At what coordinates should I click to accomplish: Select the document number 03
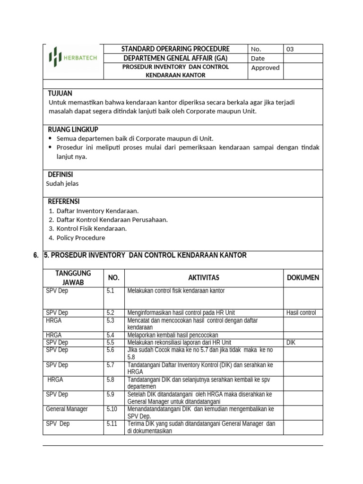click(290, 49)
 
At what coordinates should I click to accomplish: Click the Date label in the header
click(258, 59)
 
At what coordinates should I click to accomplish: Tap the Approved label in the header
click(265, 68)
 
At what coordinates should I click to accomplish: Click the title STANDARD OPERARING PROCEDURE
click(175, 49)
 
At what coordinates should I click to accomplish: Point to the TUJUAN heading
click(60, 94)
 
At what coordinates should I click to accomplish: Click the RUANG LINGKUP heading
click(73, 130)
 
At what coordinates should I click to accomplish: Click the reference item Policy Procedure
click(81, 238)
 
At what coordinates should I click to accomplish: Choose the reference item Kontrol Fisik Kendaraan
click(91, 229)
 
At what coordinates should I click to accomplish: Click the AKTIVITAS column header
click(204, 278)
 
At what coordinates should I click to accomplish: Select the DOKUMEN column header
click(303, 278)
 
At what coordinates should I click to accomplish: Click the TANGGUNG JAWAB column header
click(73, 278)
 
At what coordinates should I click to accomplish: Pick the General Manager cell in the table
click(67, 409)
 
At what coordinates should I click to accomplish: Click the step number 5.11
click(112, 423)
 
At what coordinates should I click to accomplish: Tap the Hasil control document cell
click(301, 313)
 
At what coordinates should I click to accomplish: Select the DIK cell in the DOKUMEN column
click(291, 342)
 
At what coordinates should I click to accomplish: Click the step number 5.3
click(111, 320)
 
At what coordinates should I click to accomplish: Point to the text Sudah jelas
click(63, 184)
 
